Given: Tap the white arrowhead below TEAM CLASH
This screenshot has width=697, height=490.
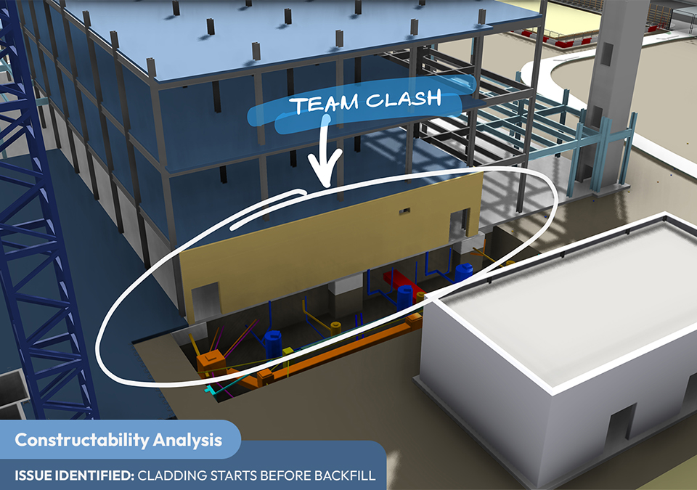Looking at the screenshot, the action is (x=325, y=176).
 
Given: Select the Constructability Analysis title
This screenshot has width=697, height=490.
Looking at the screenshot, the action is (x=118, y=440).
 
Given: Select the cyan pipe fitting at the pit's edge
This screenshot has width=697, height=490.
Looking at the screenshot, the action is (x=211, y=390).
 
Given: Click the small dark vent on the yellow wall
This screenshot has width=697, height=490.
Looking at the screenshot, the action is (x=404, y=211).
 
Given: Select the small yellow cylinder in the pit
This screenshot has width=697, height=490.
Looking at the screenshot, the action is (x=335, y=327).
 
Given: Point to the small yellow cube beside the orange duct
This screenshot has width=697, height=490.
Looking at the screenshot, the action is (x=288, y=351).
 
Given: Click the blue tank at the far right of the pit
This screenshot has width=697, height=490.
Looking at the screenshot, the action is (x=464, y=271).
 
